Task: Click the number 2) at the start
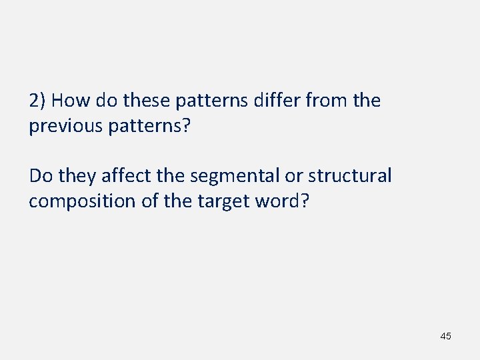[37, 101]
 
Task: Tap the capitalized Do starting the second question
[41, 176]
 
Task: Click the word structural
[349, 176]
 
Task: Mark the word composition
[81, 201]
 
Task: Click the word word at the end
[279, 201]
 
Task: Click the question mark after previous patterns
[187, 127]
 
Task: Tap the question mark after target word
[305, 201]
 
